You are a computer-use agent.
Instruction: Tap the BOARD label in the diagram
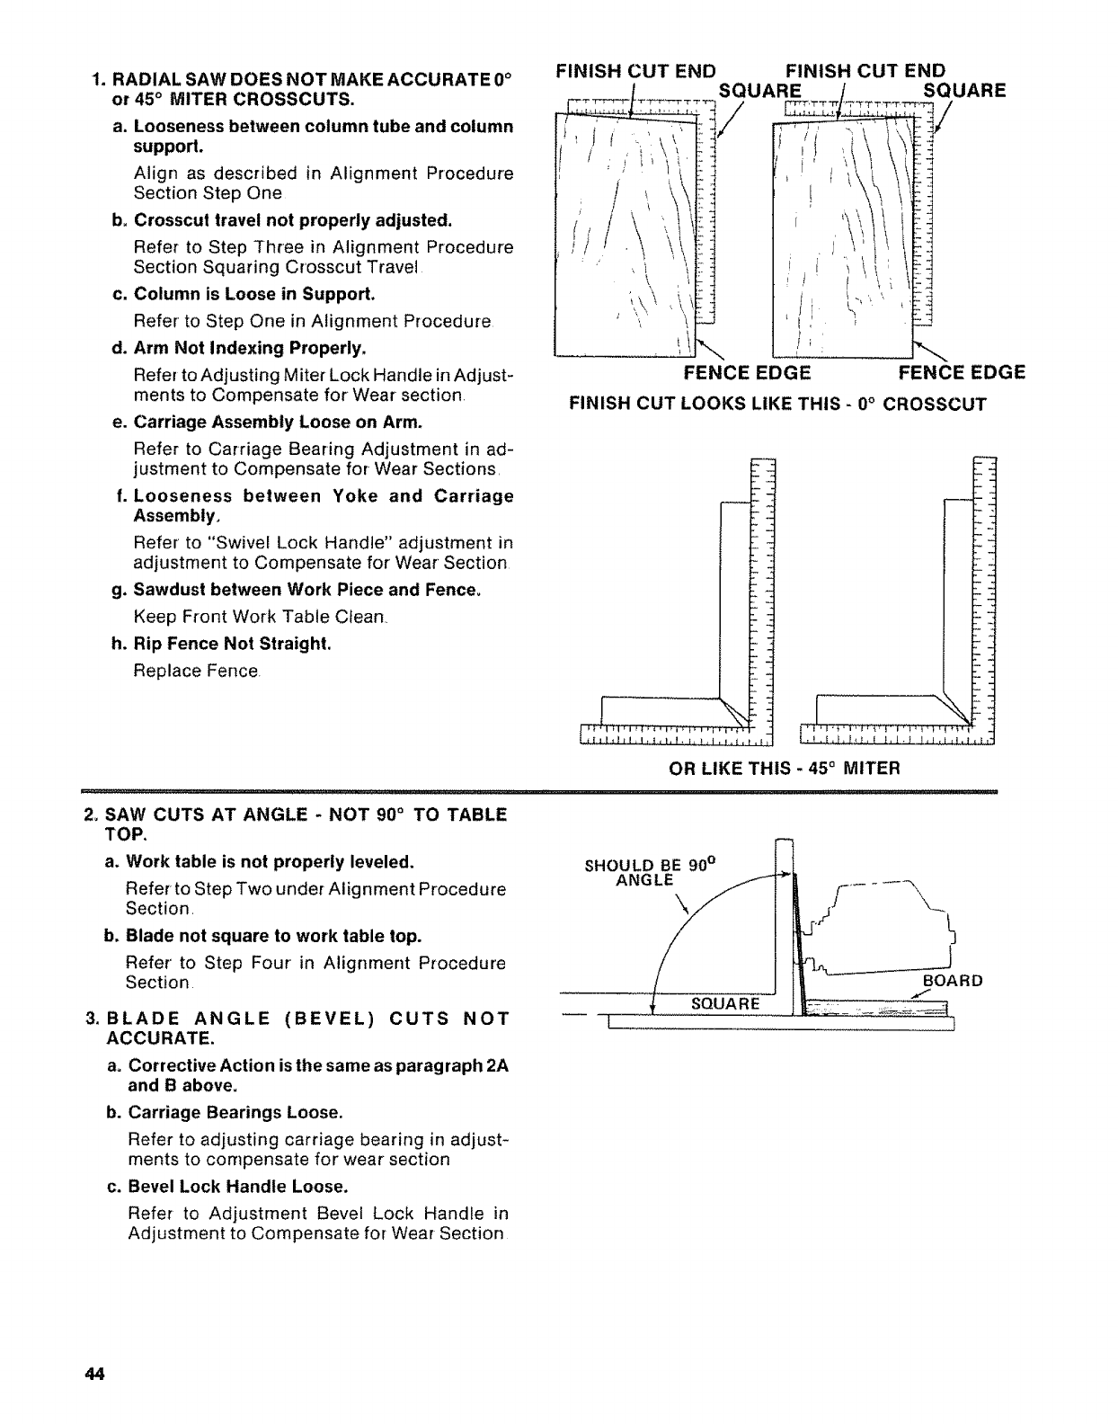(954, 980)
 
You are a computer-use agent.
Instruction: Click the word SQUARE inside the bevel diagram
(725, 1003)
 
